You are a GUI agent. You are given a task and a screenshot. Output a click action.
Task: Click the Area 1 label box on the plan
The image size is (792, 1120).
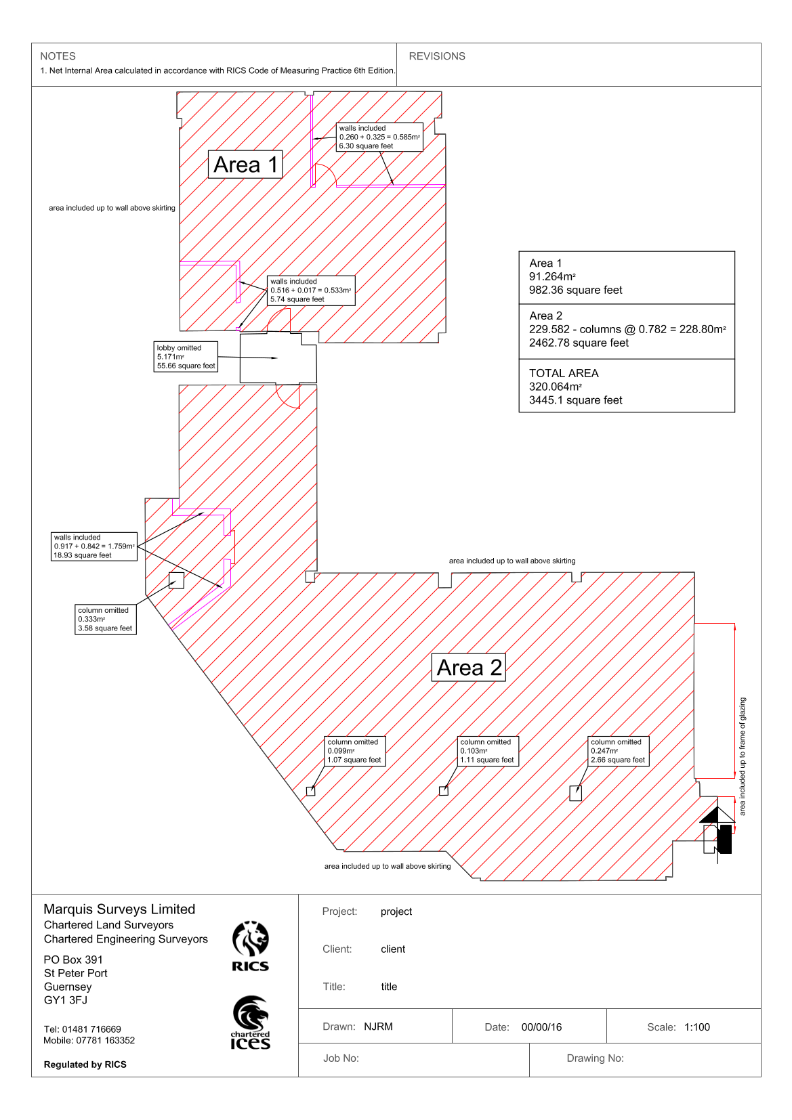(x=245, y=165)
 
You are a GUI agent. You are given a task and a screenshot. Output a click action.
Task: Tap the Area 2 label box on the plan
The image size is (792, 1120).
(x=468, y=667)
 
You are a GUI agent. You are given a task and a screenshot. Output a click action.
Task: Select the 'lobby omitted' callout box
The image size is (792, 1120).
(x=186, y=356)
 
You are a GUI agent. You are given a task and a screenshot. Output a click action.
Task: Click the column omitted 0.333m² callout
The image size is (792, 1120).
(x=105, y=620)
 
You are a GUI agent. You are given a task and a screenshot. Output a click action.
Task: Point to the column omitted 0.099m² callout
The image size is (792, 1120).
(x=355, y=751)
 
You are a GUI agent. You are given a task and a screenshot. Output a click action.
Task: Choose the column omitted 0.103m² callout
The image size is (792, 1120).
(x=487, y=751)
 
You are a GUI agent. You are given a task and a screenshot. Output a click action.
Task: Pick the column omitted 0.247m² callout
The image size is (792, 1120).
(x=618, y=751)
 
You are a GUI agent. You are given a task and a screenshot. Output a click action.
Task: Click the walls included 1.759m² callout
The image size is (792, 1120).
(x=94, y=546)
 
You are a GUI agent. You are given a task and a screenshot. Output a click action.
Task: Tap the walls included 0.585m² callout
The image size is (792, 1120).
(x=379, y=137)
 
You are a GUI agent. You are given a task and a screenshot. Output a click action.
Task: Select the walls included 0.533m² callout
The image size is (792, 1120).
(x=311, y=290)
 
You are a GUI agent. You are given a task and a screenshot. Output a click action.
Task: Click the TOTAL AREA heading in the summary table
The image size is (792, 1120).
(x=564, y=373)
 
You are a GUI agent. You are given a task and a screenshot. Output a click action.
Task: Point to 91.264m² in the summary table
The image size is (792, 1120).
(x=552, y=276)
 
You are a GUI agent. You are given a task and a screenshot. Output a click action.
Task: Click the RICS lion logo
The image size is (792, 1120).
(x=250, y=945)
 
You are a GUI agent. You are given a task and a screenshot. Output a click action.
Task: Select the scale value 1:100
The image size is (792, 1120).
(x=697, y=1027)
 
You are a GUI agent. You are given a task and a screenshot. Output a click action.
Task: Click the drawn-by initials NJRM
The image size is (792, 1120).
(x=378, y=1027)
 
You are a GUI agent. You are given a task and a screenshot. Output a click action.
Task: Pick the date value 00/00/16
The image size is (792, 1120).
(x=541, y=1027)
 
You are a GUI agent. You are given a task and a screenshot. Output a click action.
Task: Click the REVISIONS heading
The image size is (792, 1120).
(x=437, y=56)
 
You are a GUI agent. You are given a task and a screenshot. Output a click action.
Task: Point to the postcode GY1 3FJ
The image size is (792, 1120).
(x=66, y=1000)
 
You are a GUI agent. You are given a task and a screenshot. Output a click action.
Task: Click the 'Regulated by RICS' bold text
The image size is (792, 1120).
(x=85, y=1064)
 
